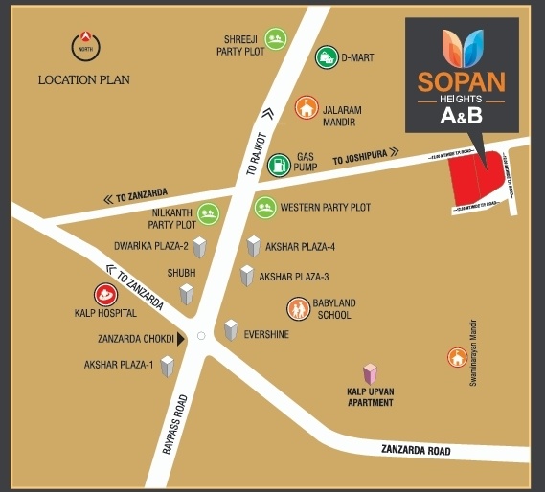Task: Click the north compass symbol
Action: pyautogui.click(x=86, y=45)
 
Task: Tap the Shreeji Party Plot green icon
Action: pyautogui.click(x=276, y=39)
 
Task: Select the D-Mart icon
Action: pyautogui.click(x=328, y=57)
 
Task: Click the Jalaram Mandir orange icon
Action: pyautogui.click(x=307, y=107)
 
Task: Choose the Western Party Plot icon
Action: pyautogui.click(x=264, y=207)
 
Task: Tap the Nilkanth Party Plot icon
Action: pyautogui.click(x=209, y=214)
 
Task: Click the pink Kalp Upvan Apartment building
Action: pyautogui.click(x=370, y=374)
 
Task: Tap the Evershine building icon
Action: pyautogui.click(x=231, y=330)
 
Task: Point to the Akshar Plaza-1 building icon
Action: pyautogui.click(x=168, y=365)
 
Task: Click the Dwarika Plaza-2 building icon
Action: pyautogui.click(x=199, y=248)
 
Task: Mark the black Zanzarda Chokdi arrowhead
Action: pyautogui.click(x=180, y=338)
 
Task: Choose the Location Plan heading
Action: pyautogui.click(x=84, y=80)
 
